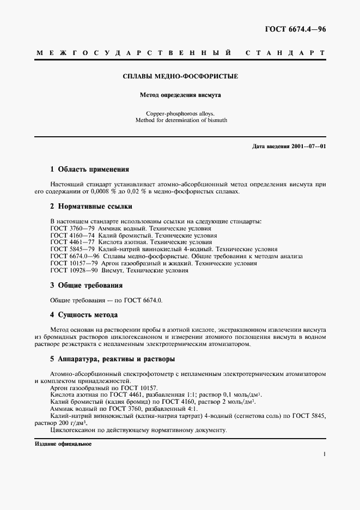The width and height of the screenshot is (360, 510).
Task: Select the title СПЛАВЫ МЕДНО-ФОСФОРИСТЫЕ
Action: (x=180, y=76)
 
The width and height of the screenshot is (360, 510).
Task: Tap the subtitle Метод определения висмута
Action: (x=180, y=95)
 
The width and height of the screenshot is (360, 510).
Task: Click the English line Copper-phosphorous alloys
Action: (x=180, y=113)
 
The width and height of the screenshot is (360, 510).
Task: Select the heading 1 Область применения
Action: (x=89, y=169)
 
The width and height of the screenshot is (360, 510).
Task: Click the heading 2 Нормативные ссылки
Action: (x=91, y=207)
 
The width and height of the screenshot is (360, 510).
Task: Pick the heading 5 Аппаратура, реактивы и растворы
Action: (x=112, y=360)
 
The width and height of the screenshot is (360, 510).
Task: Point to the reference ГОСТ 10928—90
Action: (x=74, y=270)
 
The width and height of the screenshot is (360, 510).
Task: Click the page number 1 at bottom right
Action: (x=325, y=454)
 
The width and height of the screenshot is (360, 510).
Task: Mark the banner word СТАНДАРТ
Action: (x=286, y=54)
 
